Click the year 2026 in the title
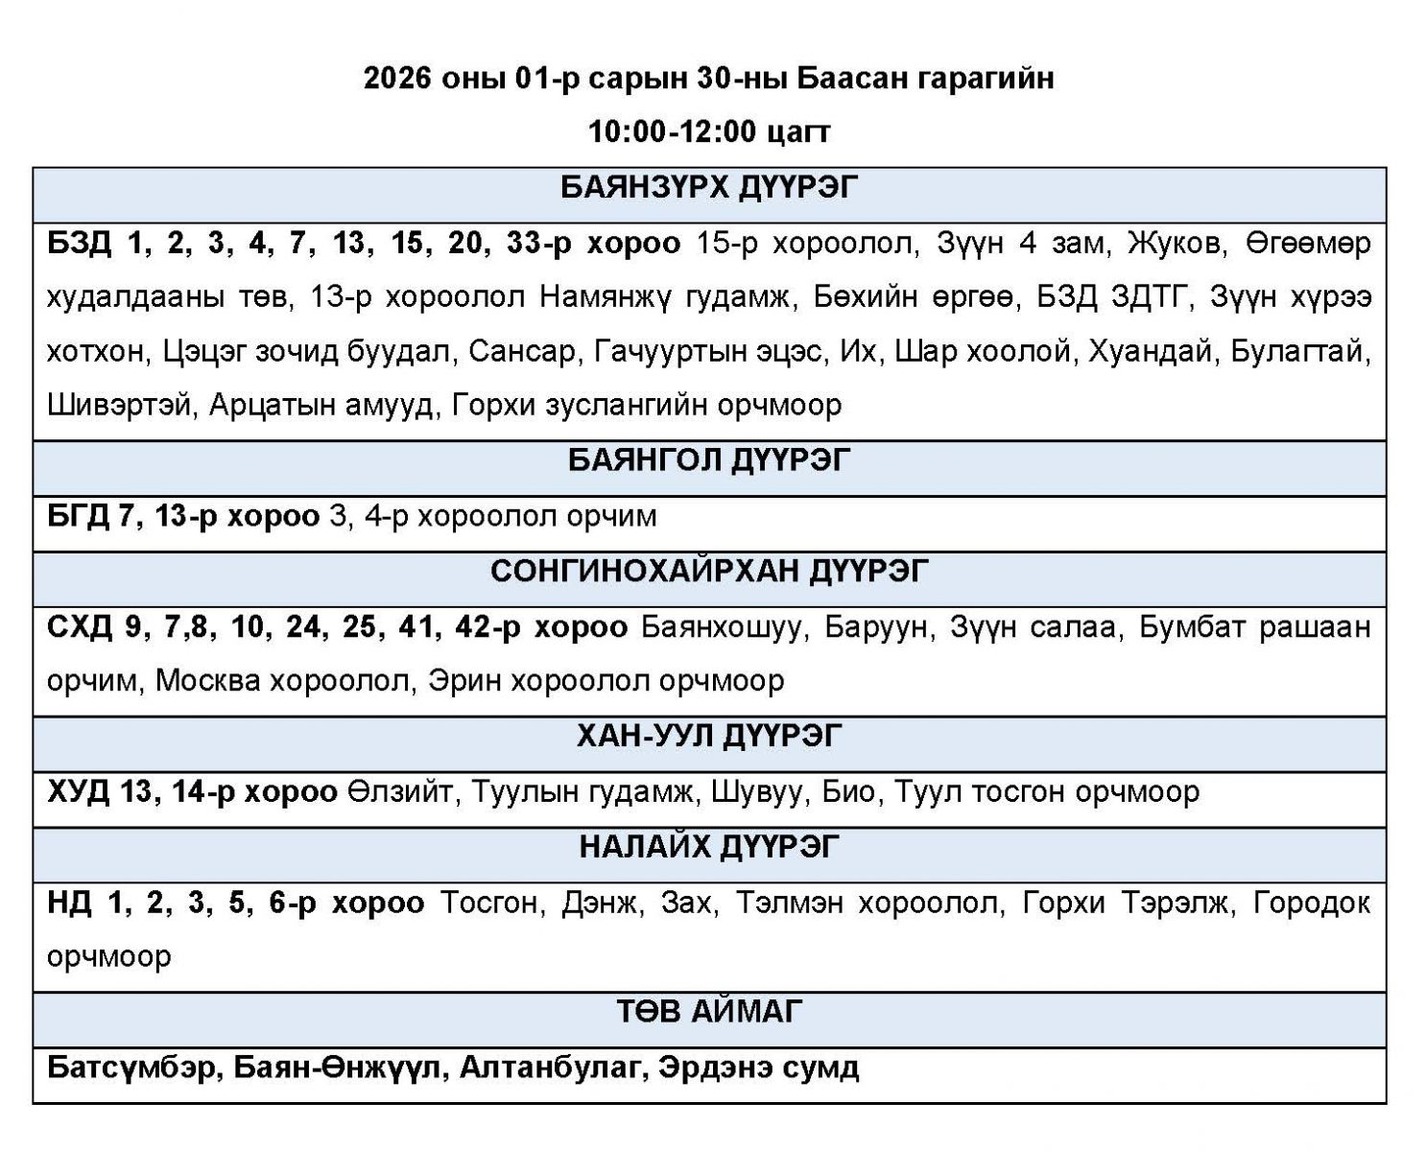(395, 78)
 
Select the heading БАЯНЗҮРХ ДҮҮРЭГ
(708, 188)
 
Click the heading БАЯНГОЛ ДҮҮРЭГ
(708, 461)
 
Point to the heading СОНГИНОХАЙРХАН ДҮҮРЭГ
(708, 572)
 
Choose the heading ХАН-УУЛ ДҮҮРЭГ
(708, 737)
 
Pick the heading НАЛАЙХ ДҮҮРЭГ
(708, 848)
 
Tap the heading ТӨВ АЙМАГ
(708, 1012)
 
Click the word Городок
(1312, 904)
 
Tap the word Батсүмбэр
(131, 1068)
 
